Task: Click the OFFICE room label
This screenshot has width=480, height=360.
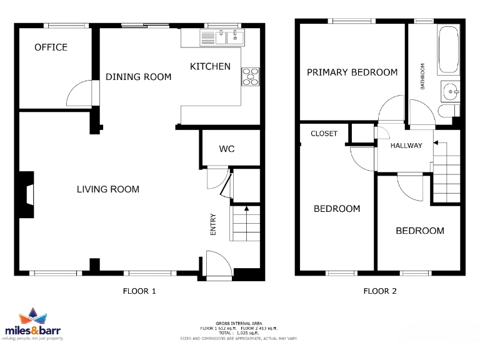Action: (51, 47)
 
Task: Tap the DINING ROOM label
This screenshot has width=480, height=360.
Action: (138, 77)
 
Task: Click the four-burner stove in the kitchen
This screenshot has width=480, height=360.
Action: (250, 76)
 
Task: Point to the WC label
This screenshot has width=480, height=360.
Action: (226, 149)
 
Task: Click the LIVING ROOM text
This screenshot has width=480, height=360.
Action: (107, 189)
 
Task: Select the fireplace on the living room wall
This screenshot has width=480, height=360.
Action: (27, 195)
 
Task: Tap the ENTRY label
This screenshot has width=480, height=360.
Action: (213, 225)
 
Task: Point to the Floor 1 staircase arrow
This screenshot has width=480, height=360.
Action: (246, 209)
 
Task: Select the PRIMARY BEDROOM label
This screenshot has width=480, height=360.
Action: (352, 72)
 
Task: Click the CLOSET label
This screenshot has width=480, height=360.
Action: (324, 134)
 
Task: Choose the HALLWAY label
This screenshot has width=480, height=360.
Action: (406, 146)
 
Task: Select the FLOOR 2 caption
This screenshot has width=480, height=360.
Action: (380, 291)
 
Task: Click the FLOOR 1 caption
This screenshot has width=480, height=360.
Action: (139, 291)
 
